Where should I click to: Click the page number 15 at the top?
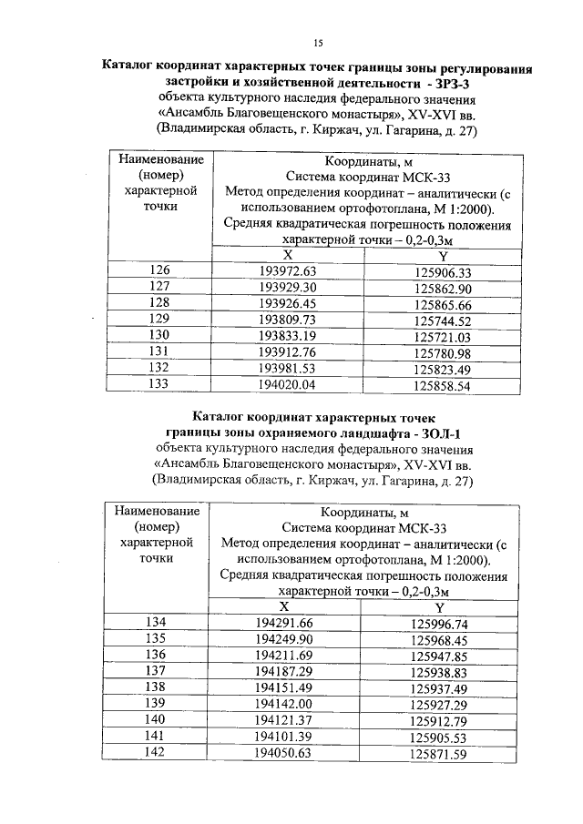coord(319,43)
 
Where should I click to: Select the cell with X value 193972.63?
coord(287,272)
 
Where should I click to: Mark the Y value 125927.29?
coord(438,704)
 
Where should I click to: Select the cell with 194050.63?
coord(285,753)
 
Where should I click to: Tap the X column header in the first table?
coord(287,256)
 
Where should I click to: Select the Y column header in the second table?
coord(439,607)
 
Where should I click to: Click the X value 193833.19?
coord(287,337)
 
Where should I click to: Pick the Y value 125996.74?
coord(438,625)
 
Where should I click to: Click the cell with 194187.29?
coord(285,670)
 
